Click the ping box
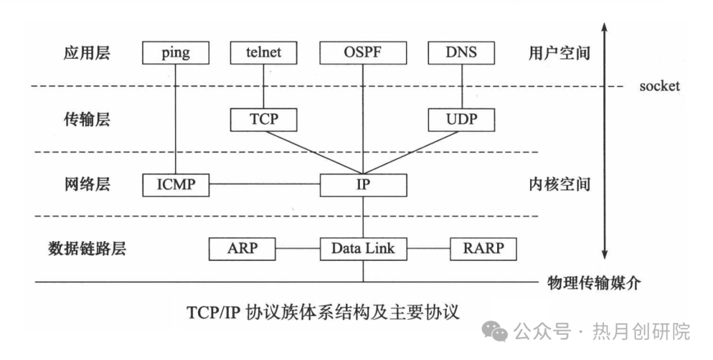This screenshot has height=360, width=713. (x=175, y=53)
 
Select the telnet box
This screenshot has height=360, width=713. (x=263, y=53)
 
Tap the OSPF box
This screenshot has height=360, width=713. (x=362, y=53)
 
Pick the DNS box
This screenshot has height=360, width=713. (x=461, y=53)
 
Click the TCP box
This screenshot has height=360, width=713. (x=263, y=120)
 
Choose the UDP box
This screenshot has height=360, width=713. (x=461, y=120)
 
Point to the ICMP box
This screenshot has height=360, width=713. (x=176, y=184)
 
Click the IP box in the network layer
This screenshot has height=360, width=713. (x=362, y=184)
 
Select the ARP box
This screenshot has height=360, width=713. (x=242, y=248)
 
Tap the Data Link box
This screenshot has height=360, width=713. (x=362, y=248)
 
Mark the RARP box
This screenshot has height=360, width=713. (x=483, y=248)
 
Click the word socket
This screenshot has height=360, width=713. (x=659, y=87)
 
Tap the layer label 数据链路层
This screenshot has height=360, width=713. (x=87, y=248)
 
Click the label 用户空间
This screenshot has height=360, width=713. (x=559, y=53)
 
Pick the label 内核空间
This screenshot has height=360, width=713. (x=559, y=184)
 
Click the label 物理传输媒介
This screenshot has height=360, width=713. (x=595, y=283)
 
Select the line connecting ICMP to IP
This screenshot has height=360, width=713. (x=264, y=184)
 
